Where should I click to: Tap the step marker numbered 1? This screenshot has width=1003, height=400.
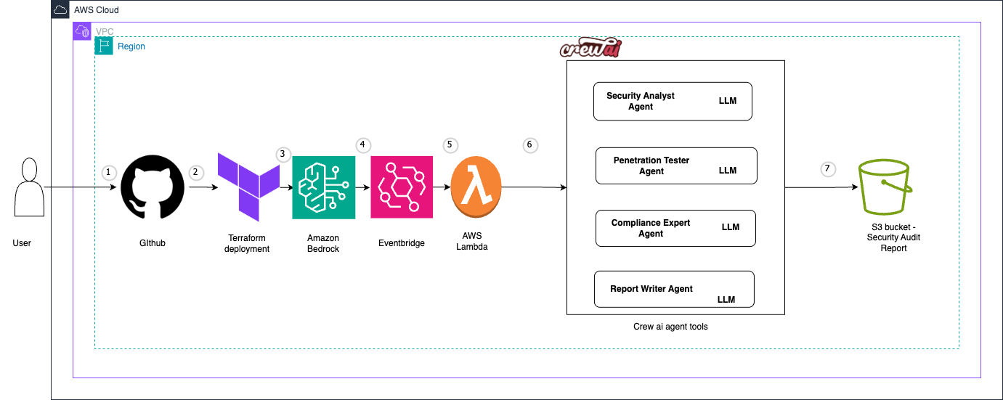click(x=109, y=173)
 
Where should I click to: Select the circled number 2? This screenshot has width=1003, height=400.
click(x=195, y=173)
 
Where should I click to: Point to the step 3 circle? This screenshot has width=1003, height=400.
click(x=284, y=155)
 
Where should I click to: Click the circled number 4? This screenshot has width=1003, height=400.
click(x=363, y=145)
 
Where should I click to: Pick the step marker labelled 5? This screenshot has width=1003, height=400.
click(x=450, y=145)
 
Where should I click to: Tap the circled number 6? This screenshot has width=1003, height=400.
click(x=530, y=145)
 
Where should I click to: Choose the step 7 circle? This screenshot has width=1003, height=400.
click(x=827, y=169)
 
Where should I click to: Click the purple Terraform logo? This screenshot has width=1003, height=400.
click(x=249, y=186)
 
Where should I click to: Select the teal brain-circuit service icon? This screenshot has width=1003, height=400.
click(x=324, y=187)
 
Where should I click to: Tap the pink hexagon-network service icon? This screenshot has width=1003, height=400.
click(x=402, y=187)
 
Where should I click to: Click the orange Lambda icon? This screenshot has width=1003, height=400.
click(x=476, y=187)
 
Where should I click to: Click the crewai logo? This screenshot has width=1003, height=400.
click(x=590, y=49)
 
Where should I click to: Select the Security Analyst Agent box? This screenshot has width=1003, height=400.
click(x=673, y=101)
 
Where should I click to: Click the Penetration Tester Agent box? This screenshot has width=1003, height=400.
click(x=676, y=166)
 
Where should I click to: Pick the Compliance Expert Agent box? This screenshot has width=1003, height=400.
click(x=675, y=228)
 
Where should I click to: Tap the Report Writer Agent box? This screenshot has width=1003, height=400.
click(x=674, y=289)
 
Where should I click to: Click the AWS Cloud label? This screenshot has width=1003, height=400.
click(x=96, y=10)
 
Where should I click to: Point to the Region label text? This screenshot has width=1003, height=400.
click(x=131, y=46)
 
